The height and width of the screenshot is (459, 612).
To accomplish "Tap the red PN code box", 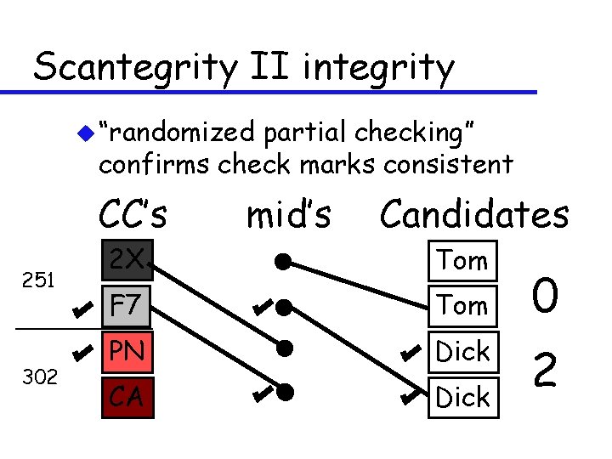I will tap(127, 351).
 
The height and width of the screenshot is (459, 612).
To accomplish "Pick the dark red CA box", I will tap(127, 396).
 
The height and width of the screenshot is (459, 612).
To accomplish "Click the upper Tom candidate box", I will tap(462, 261).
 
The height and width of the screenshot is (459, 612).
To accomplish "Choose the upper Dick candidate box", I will tap(462, 351).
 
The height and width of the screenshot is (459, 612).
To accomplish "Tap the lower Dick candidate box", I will tap(462, 396).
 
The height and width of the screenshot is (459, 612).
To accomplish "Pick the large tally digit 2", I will tap(545, 371).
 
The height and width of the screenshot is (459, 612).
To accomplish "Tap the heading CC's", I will tap(133, 215).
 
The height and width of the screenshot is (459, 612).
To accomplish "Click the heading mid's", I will tap(288, 215).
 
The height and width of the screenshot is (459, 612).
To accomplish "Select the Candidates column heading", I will tap(473, 215).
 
